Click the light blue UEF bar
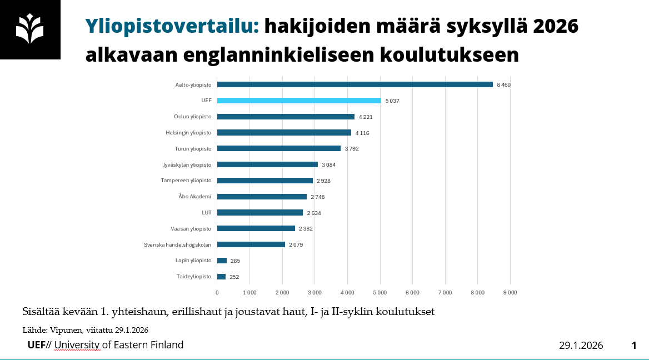point(299,101)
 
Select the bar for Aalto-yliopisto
point(355,84)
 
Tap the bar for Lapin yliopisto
point(222,261)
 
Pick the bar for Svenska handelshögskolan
point(251,244)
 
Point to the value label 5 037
point(392,101)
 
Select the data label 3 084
point(328,165)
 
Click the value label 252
point(234,277)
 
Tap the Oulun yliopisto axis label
point(192,117)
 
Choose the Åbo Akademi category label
point(196,197)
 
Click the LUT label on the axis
point(206,213)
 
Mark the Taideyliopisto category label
point(194,277)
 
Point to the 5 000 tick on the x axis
point(380,292)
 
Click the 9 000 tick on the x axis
point(510,292)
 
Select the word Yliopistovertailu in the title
point(172,26)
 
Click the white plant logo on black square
point(30,29)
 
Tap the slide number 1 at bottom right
point(633,346)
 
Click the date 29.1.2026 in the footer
point(581,346)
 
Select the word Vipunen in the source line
point(66,330)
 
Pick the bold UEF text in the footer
point(37,345)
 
